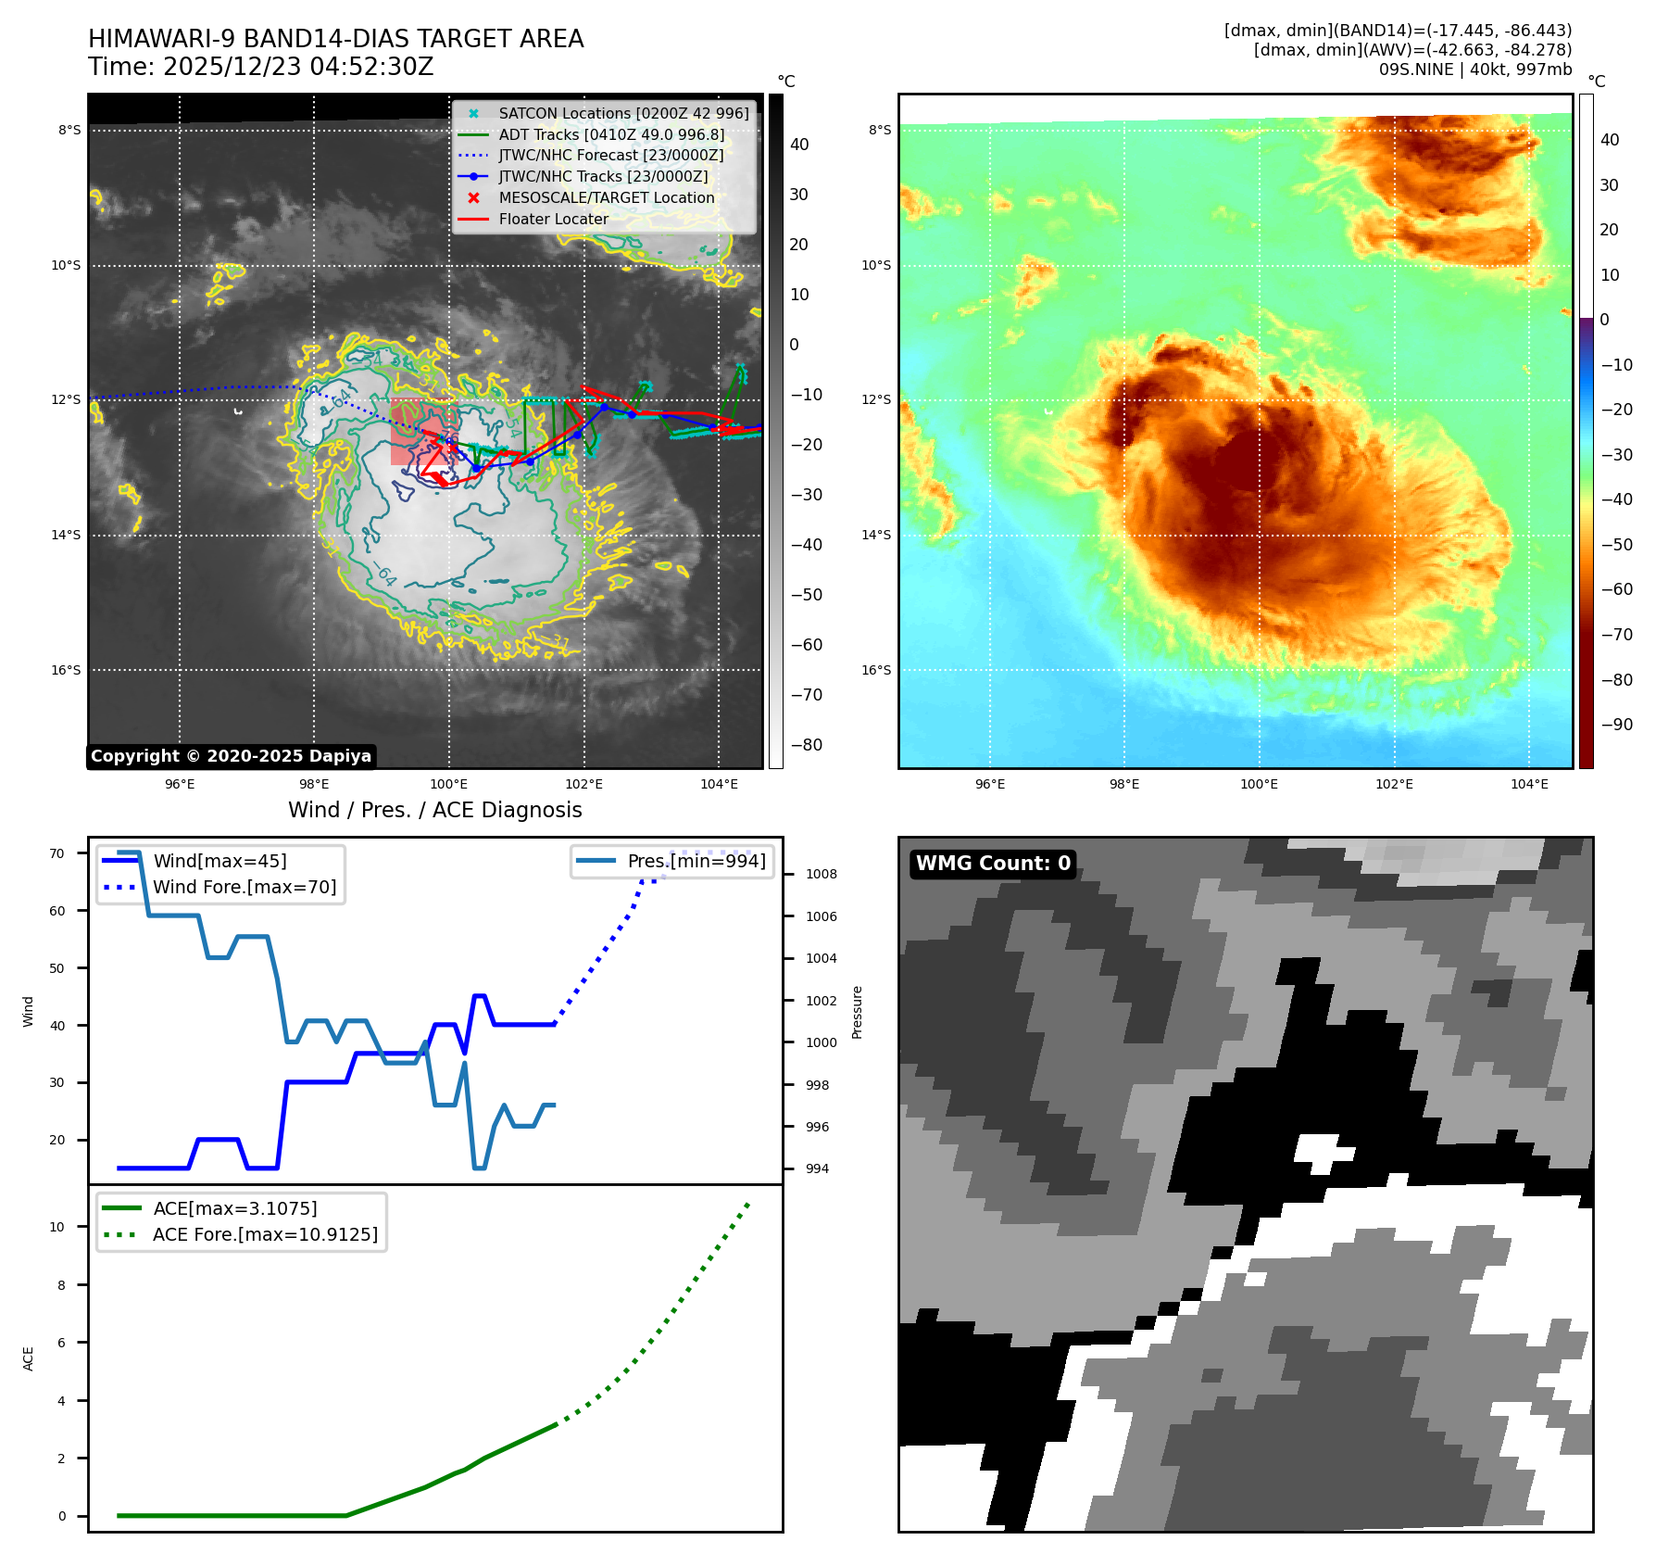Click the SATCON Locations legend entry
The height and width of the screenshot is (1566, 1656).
[622, 113]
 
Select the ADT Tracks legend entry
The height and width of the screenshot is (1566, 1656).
[610, 134]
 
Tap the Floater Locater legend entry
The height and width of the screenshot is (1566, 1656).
[553, 219]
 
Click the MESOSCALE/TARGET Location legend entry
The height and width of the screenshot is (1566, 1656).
[606, 197]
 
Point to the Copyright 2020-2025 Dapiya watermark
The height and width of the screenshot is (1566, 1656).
[231, 756]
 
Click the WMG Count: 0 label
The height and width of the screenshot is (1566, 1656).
[993, 864]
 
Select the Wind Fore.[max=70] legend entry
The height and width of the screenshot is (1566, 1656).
[245, 887]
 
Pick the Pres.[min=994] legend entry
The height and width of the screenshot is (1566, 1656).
[696, 861]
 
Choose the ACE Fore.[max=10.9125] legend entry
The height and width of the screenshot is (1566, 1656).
[265, 1234]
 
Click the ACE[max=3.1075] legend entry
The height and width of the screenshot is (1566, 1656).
[234, 1208]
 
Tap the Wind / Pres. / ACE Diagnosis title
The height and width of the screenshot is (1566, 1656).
[435, 810]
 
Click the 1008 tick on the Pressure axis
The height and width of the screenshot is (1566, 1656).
[821, 874]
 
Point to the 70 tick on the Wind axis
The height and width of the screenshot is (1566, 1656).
[57, 853]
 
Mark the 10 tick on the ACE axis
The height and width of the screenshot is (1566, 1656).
[57, 1227]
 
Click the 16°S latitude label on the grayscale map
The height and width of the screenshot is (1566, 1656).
[66, 670]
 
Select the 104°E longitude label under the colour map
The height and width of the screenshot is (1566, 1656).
[1529, 784]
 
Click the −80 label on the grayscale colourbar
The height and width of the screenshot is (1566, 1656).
[806, 745]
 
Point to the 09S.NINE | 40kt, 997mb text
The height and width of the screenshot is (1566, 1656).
[1474, 69]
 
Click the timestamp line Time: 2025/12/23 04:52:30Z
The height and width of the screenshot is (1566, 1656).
[260, 67]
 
